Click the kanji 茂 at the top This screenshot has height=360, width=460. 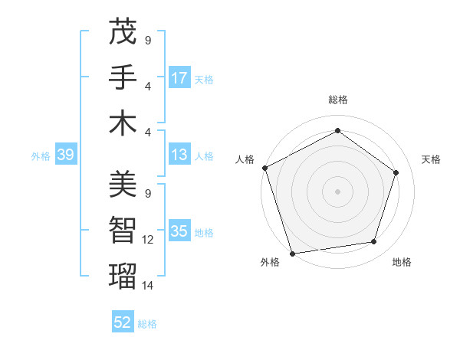coord(123,32)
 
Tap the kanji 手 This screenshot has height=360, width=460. coord(123,77)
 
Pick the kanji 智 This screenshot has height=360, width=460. coord(123,229)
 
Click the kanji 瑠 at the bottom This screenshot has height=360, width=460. coord(123,274)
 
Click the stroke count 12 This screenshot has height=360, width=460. coord(148,240)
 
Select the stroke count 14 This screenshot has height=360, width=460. coord(148,285)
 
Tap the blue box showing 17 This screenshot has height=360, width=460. coord(179,77)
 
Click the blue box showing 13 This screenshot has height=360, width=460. coord(179,155)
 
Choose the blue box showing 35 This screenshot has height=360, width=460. coord(179,231)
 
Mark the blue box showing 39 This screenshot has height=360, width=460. coord(65,155)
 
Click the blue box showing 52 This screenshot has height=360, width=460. coord(123,322)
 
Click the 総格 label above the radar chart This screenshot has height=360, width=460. coord(338,100)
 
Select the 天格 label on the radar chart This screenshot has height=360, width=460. coord(432,159)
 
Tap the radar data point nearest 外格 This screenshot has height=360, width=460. coord(292,254)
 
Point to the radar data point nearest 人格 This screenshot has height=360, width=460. coord(264,168)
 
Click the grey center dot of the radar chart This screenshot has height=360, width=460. coord(338,191)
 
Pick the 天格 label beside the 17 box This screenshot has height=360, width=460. coord(204,79)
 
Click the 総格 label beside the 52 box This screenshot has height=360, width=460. coord(147,324)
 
